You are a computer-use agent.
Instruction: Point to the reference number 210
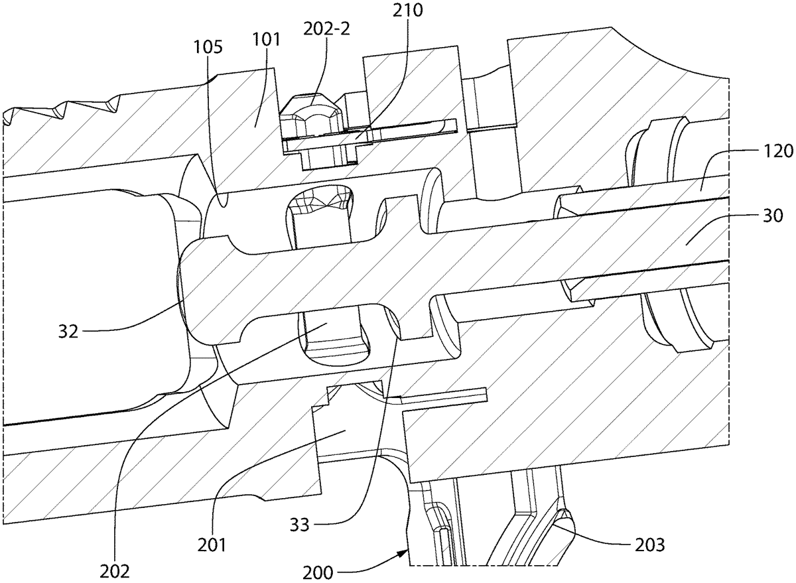(x=407, y=10)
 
